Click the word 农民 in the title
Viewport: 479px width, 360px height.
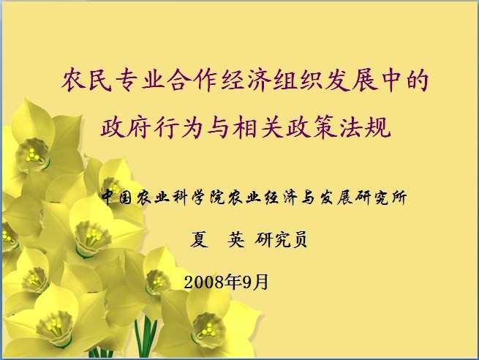click(x=87, y=80)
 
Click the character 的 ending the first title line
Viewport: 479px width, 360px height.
click(x=417, y=80)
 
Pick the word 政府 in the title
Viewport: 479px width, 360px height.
click(x=126, y=127)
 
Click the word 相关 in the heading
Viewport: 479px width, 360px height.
click(x=257, y=127)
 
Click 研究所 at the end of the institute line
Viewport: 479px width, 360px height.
click(x=381, y=197)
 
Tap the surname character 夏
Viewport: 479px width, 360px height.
click(x=199, y=239)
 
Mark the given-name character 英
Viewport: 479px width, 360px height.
click(x=235, y=239)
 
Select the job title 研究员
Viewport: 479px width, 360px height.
click(x=281, y=239)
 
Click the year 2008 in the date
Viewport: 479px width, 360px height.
click(x=204, y=282)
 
